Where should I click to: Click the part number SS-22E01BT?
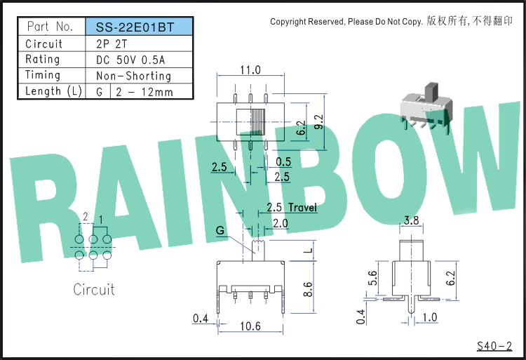pos(135,27)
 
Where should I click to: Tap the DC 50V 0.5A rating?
pos(130,60)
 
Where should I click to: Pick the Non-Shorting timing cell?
pos(133,76)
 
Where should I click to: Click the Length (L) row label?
pos(54,91)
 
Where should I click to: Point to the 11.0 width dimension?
pos(250,69)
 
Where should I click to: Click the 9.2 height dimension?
pos(319,122)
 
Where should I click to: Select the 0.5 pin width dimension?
pos(283,161)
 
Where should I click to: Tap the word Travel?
pos(302,207)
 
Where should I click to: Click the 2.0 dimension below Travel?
pos(280,223)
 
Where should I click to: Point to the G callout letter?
pos(220,230)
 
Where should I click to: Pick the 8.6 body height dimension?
pos(308,289)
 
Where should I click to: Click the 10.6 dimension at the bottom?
pos(250,326)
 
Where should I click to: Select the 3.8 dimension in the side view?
pos(411,220)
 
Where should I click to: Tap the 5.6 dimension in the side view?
pos(372,278)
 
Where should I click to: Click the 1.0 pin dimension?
pos(430,317)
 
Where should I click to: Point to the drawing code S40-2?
pos(494,346)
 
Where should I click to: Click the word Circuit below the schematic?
pos(94,290)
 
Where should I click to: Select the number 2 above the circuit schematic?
pos(86,216)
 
